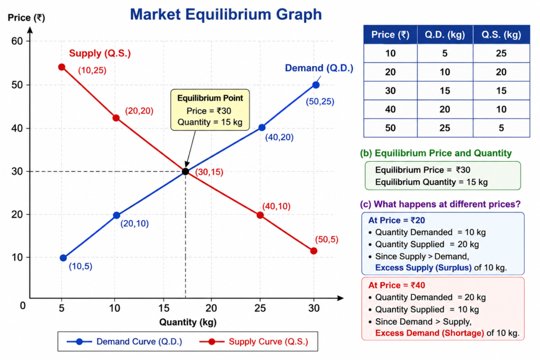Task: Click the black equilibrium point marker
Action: tap(186, 171)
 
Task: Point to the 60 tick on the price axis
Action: tap(17, 41)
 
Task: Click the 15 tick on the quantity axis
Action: tap(163, 308)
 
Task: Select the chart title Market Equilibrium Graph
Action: tap(226, 14)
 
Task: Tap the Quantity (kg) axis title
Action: tap(188, 322)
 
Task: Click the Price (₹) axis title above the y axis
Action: tap(26, 17)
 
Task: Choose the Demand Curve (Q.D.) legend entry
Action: tap(124, 342)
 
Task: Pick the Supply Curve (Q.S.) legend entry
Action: tap(254, 342)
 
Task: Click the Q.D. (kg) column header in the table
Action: tap(445, 34)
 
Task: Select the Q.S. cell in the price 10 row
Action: tap(502, 53)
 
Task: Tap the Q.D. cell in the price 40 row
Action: tap(445, 110)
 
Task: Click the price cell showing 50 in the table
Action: tap(390, 128)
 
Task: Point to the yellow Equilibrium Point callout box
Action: tap(210, 110)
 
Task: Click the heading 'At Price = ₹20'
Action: tap(397, 220)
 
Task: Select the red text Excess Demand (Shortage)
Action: tap(429, 333)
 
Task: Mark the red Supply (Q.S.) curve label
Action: tap(100, 53)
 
